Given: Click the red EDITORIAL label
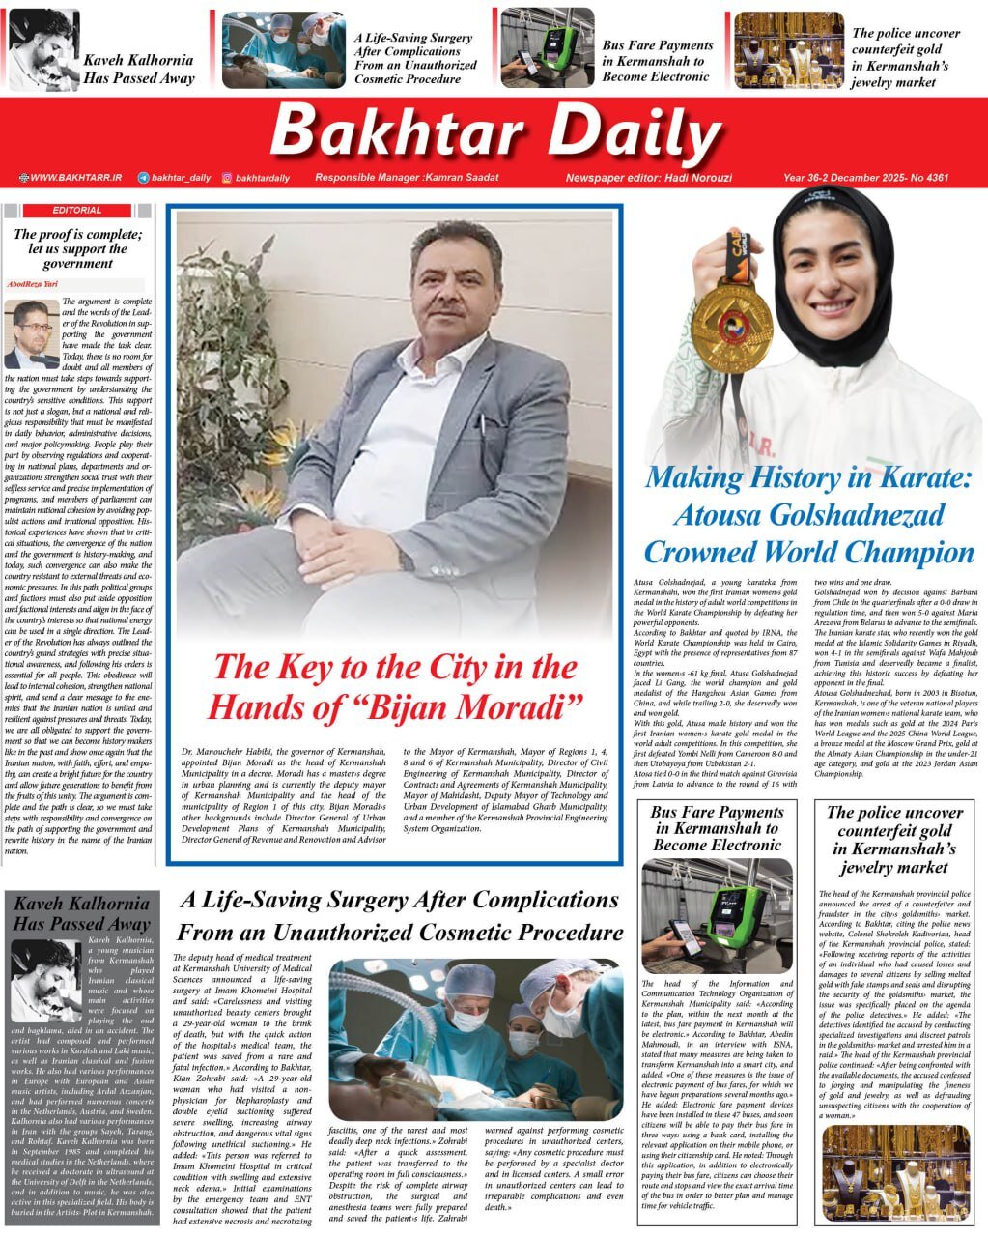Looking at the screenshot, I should coord(77,210).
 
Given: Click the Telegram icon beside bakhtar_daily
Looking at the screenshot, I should coord(144,178).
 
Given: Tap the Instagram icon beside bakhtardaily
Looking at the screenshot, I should coord(227,178).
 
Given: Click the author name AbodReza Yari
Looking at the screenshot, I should coord(33,284).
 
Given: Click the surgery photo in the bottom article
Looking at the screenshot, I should coord(474,1039).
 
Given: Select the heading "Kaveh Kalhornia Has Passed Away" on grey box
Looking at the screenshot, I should coord(82,914).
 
